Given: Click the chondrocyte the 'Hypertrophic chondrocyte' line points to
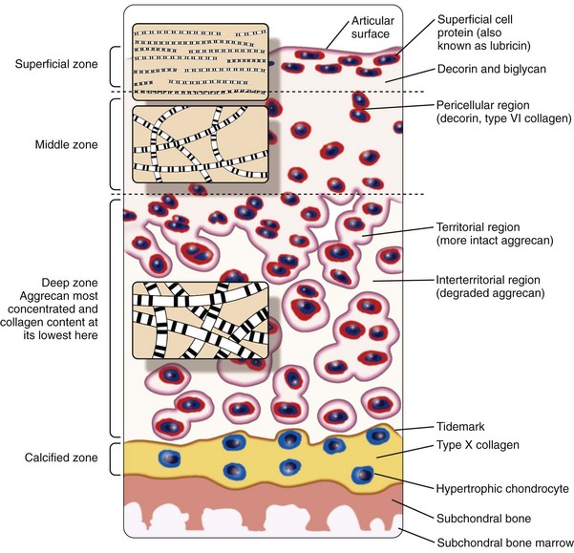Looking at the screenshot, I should click(x=362, y=474).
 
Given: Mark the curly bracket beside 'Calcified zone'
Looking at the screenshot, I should click(x=116, y=457).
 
